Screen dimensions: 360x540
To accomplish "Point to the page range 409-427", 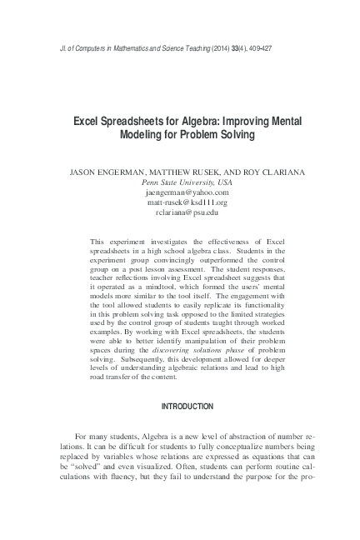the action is point(255,48).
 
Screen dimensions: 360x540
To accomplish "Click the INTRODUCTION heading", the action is point(180,406).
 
